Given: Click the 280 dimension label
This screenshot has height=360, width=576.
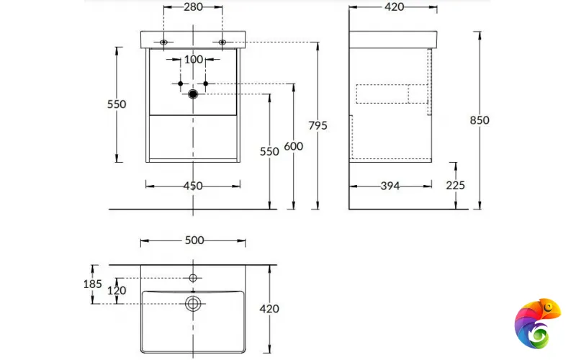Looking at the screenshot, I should (192, 7).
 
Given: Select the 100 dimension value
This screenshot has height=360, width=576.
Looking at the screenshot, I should (193, 60).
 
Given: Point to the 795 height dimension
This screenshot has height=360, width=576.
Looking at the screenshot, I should (318, 125).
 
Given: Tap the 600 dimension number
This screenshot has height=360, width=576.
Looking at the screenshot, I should (293, 146).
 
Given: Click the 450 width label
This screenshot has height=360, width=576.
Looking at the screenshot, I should (193, 186).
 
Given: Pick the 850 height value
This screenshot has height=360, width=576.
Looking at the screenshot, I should (480, 120).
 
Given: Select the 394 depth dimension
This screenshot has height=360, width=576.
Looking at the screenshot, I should (390, 186).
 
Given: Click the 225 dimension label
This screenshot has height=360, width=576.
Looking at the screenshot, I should (455, 185).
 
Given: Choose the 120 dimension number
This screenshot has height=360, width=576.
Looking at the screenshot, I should (117, 291).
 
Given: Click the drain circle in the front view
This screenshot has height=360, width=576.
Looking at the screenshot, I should (193, 94).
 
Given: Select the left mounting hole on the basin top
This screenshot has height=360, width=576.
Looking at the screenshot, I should (164, 42).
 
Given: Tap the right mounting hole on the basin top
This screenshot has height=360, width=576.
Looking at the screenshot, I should (222, 42).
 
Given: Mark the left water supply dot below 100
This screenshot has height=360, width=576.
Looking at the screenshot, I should (180, 84).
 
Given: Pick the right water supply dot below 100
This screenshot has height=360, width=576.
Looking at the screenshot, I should (206, 84).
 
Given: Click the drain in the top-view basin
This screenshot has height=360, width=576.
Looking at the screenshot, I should (193, 303).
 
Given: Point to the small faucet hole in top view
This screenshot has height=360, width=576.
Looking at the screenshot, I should (193, 277).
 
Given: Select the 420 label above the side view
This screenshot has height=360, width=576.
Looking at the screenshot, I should (393, 7).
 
